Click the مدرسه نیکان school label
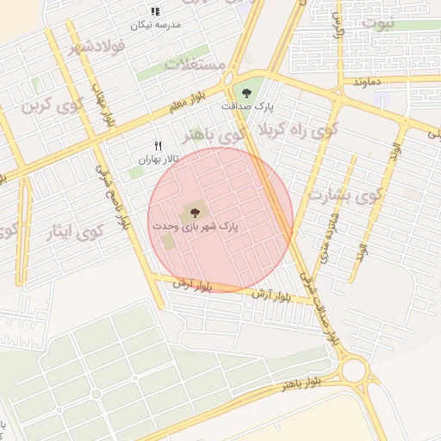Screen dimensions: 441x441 [155, 25]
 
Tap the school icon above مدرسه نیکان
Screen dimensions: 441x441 [155, 11]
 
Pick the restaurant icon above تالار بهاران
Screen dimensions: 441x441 [157, 145]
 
